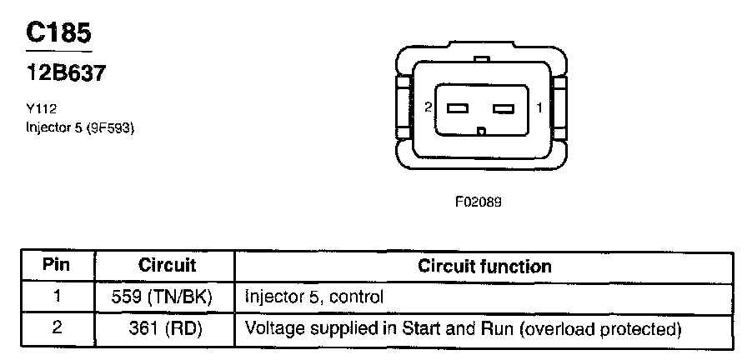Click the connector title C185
point(58,32)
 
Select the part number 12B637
point(67,73)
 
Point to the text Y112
point(41,107)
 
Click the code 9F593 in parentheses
point(112,128)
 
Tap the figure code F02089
point(478,202)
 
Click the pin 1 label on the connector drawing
point(539,107)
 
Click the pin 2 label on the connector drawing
point(428,107)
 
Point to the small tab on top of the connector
point(480,59)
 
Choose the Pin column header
point(57,266)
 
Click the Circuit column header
point(167,266)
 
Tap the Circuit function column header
point(484,267)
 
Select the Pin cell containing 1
point(57,296)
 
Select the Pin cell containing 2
point(57,327)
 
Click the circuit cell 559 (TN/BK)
point(167,297)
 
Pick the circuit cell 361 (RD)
point(167,328)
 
